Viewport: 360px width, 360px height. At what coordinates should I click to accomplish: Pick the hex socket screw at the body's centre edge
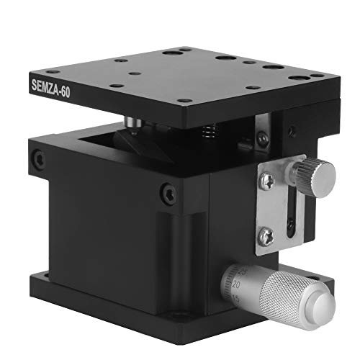tap(168, 193)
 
